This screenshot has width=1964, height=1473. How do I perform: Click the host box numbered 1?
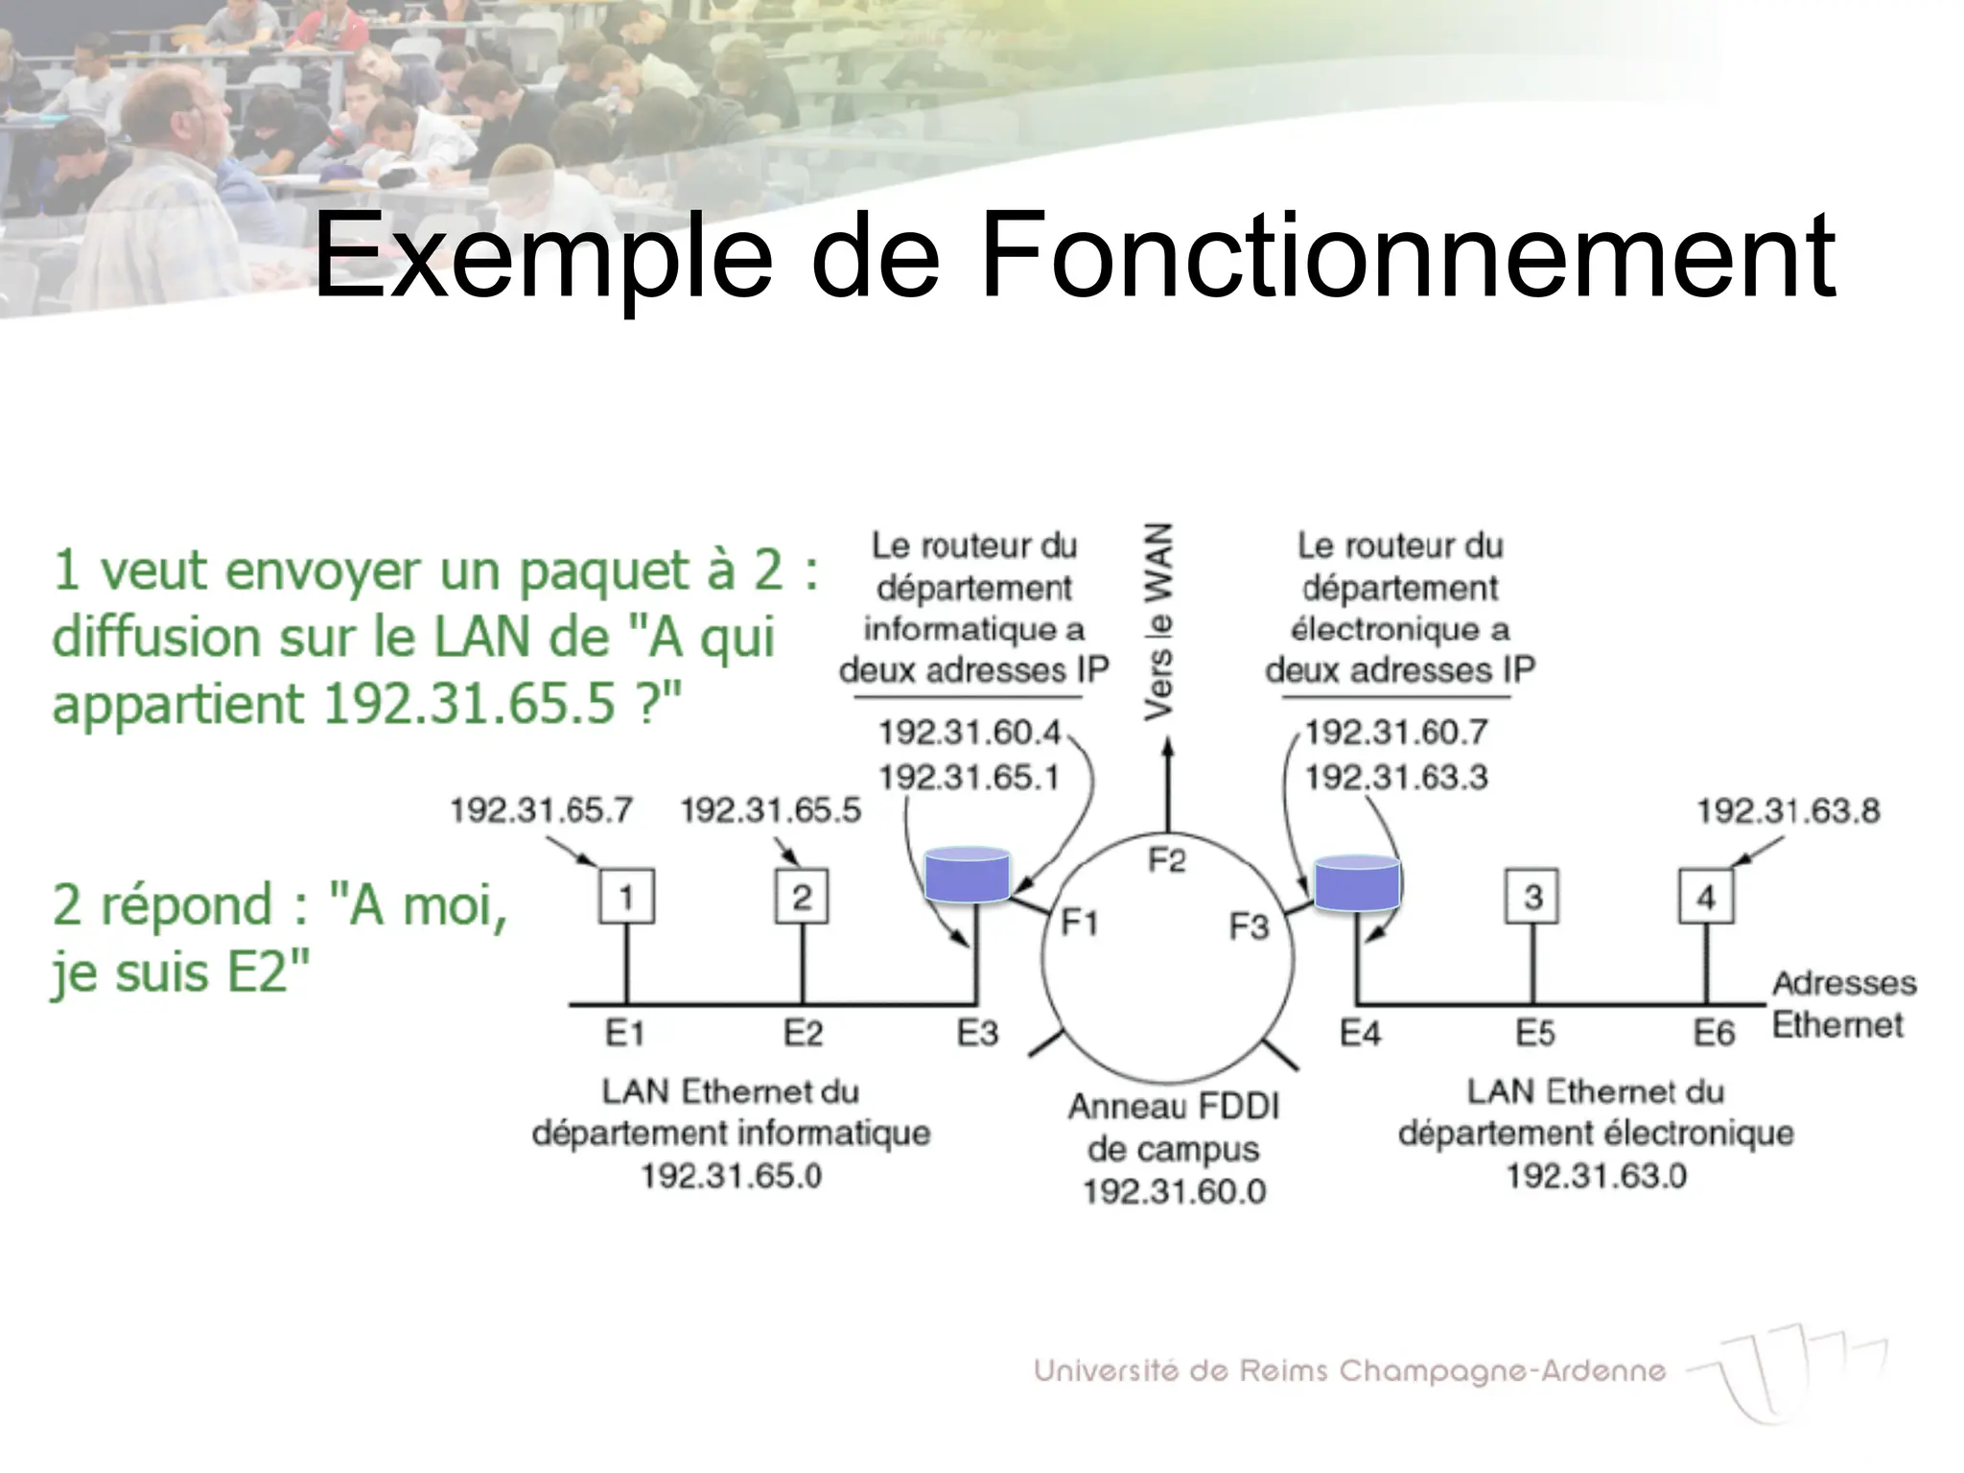(626, 897)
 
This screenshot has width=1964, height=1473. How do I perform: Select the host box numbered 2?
(802, 897)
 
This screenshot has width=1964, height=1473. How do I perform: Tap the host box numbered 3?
(1532, 897)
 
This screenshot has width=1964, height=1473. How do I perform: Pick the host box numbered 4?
(1706, 897)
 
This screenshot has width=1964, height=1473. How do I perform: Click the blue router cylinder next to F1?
(967, 875)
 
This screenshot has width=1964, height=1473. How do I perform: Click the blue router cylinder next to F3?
(1356, 882)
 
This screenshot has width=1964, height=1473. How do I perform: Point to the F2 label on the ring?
(1167, 860)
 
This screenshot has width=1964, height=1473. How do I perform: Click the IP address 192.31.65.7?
(542, 810)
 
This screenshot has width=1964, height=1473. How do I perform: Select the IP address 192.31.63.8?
(1789, 811)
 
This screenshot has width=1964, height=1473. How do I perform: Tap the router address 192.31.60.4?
(970, 733)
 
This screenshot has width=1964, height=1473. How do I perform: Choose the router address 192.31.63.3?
(1396, 777)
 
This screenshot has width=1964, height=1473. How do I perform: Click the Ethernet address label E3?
(977, 1033)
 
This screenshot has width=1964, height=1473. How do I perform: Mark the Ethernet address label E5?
(1534, 1033)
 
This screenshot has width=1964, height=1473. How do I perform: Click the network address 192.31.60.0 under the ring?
(1175, 1191)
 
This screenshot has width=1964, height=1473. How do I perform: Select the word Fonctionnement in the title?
(1407, 257)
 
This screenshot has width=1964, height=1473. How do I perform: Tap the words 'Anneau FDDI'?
(1175, 1107)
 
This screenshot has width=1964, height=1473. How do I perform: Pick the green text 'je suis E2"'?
(181, 972)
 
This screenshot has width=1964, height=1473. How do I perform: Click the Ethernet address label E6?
(1714, 1033)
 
